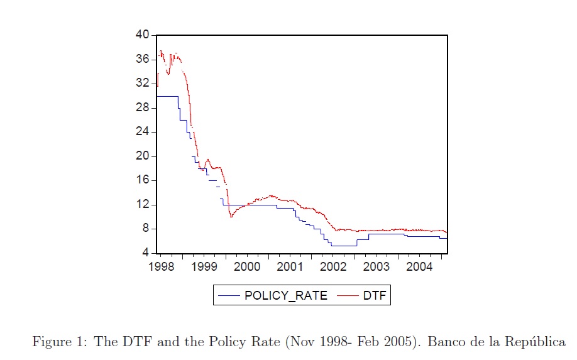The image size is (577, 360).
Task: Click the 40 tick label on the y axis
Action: tap(142, 35)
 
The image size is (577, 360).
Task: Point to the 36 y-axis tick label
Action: tap(142, 59)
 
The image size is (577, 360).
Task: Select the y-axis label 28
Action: tap(142, 107)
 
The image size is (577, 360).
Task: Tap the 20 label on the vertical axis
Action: tap(142, 156)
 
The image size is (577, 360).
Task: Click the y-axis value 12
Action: tap(142, 204)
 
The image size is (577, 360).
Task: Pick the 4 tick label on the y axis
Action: tap(145, 253)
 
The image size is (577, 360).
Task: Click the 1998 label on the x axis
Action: tap(161, 266)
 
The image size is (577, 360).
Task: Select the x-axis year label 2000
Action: tap(247, 266)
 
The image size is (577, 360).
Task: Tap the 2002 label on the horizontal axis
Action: tap(333, 266)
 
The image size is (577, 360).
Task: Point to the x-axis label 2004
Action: tap(419, 266)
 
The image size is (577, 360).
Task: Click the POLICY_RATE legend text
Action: tap(286, 296)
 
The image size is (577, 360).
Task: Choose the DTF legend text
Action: tap(375, 296)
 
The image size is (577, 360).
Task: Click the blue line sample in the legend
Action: tap(229, 296)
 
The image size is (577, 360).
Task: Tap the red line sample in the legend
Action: tap(348, 296)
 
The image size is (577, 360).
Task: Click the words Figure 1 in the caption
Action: tap(58, 342)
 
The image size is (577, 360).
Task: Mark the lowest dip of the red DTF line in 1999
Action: tap(231, 217)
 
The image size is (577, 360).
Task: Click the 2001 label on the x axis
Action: tap(290, 266)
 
